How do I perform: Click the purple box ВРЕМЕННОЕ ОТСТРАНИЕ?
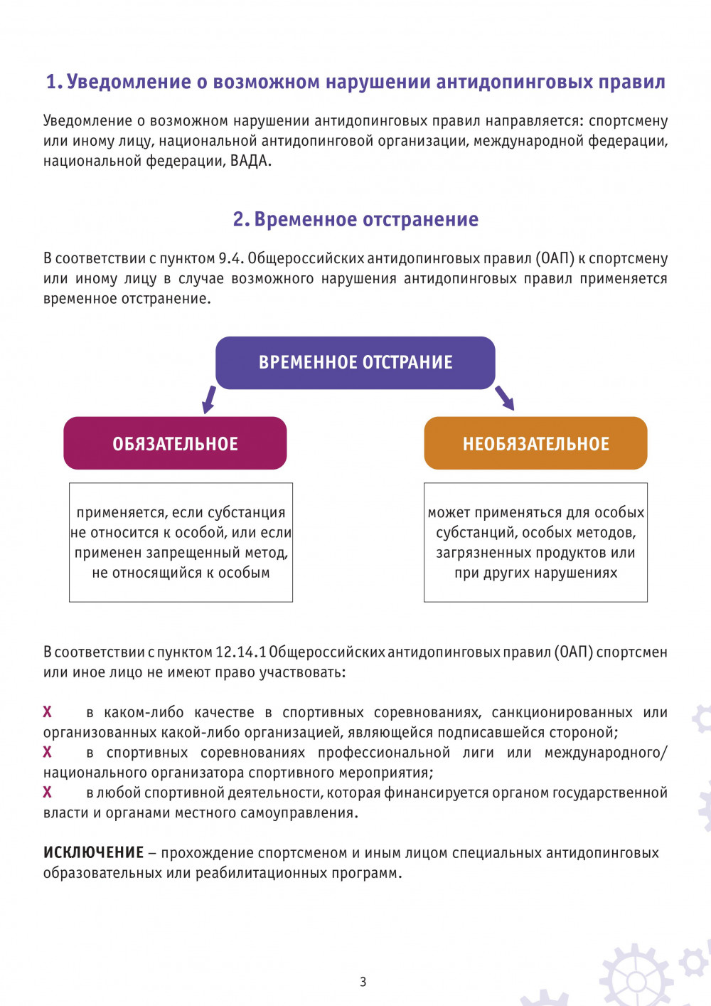pos(355,363)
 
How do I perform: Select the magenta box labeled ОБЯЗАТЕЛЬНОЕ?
pos(175,443)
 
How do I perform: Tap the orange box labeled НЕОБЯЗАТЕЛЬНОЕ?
pos(535,443)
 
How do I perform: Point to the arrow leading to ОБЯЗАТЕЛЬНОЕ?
pos(208,399)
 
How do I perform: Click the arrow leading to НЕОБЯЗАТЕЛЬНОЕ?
pos(504,398)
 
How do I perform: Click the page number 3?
pos(363,982)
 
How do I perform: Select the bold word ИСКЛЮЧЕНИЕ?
pos(93,852)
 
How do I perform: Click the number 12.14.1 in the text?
pos(240,652)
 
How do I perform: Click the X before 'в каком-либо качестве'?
pos(48,711)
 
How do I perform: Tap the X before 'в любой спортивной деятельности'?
pos(48,792)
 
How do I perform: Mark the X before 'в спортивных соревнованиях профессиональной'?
pos(48,752)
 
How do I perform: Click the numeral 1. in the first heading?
pos(54,83)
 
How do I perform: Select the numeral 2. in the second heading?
pos(241,219)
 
